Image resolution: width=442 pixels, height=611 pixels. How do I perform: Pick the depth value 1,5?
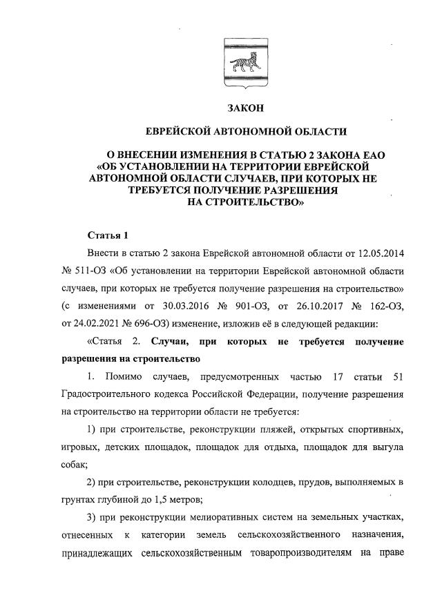click(169, 498)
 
